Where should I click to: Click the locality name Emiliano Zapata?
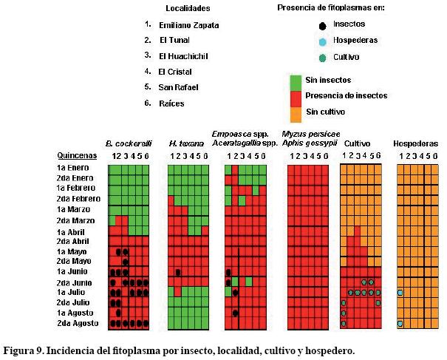188,25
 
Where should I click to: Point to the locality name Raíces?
171,103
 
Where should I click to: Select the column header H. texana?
186,143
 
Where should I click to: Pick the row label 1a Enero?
73,169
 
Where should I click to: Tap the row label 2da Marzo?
75,220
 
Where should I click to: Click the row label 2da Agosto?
76,324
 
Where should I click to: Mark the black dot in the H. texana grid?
179,272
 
